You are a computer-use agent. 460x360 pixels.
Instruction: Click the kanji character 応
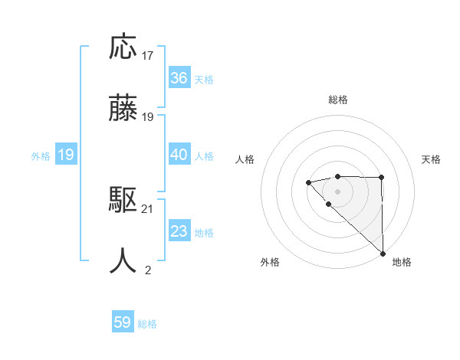pyautogui.click(x=123, y=47)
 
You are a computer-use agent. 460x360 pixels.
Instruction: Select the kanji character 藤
pyautogui.click(x=123, y=110)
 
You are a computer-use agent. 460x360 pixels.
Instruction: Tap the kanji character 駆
pyautogui.click(x=123, y=201)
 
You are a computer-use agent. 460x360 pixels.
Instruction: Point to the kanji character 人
pyautogui.click(x=123, y=261)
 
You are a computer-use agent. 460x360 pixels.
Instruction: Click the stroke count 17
pyautogui.click(x=148, y=56)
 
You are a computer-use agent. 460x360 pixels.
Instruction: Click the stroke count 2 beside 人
pyautogui.click(x=148, y=270)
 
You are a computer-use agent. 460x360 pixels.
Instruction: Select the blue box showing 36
pyautogui.click(x=179, y=78)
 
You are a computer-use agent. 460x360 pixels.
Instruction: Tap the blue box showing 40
pyautogui.click(x=179, y=155)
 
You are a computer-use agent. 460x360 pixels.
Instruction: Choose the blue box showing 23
pyautogui.click(x=179, y=231)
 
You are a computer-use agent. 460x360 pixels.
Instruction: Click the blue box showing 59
pyautogui.click(x=123, y=322)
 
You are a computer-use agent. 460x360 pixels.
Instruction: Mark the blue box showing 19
pyautogui.click(x=65, y=155)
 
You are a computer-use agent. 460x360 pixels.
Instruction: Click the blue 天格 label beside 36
pyautogui.click(x=204, y=80)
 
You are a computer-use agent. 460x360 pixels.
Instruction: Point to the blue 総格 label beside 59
pyautogui.click(x=147, y=324)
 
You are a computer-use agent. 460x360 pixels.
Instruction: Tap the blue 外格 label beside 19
pyautogui.click(x=41, y=156)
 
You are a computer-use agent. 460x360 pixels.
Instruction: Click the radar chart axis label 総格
pyautogui.click(x=338, y=100)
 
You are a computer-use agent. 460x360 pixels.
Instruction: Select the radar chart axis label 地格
pyautogui.click(x=402, y=262)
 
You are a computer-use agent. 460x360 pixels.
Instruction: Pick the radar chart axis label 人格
pyautogui.click(x=245, y=159)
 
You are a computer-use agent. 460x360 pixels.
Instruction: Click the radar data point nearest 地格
pyautogui.click(x=382, y=253)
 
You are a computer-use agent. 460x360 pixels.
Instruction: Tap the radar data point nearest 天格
pyautogui.click(x=381, y=178)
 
